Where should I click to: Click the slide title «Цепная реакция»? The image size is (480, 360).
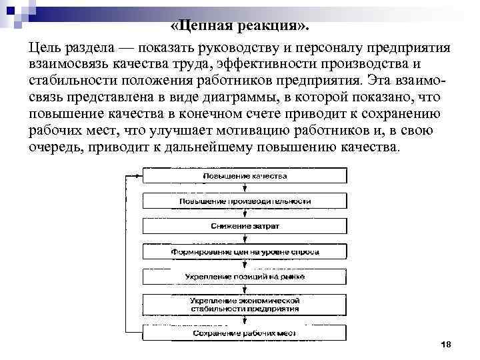tap(240, 27)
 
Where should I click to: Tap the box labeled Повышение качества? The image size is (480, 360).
tap(245, 175)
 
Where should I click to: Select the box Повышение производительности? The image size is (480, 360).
tap(245, 201)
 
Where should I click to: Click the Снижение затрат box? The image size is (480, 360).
tap(245, 226)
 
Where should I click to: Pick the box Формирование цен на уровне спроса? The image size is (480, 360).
tap(245, 252)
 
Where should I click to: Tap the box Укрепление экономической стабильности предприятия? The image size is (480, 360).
tap(245, 305)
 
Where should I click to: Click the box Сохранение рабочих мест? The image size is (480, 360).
tap(245, 332)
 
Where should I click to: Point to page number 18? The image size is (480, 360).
tap(446, 343)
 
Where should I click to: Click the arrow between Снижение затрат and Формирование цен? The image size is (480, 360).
tap(245, 239)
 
